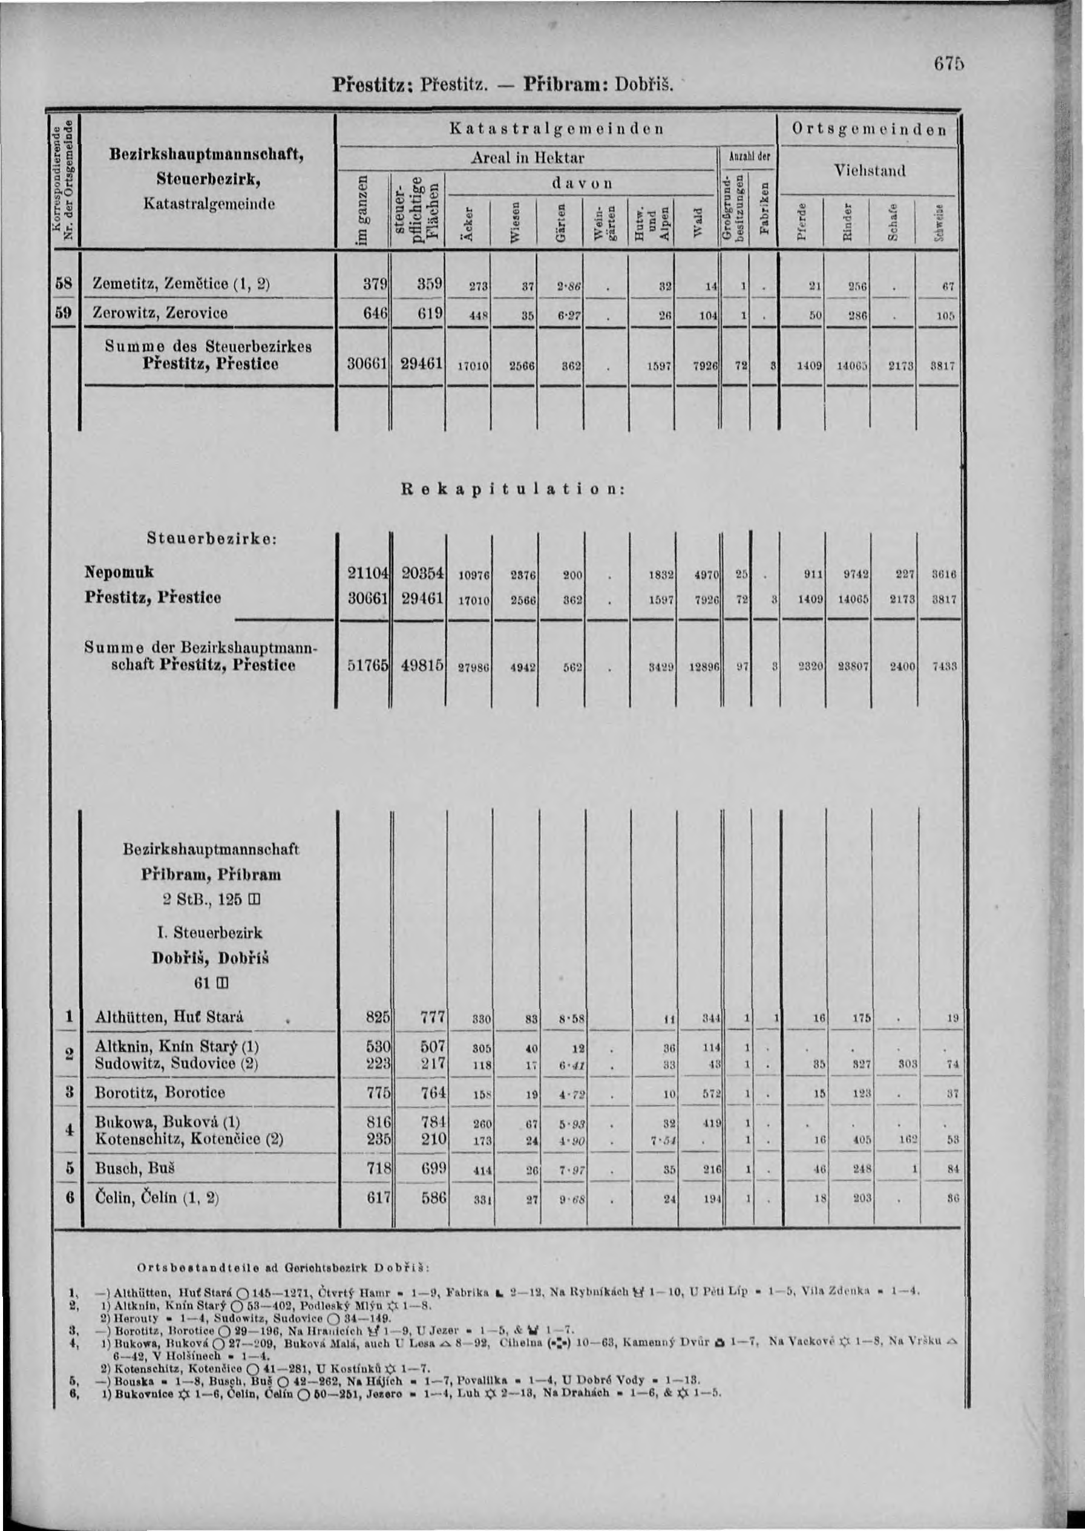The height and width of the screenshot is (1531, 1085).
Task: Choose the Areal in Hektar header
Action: pyautogui.click(x=528, y=159)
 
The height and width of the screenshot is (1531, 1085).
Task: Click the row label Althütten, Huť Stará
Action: pyautogui.click(x=168, y=1017)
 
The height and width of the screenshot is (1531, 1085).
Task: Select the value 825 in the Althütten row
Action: pyautogui.click(x=378, y=1018)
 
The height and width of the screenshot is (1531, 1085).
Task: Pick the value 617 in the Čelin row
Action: pyautogui.click(x=378, y=1198)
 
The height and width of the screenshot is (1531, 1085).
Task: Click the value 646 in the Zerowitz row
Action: pyautogui.click(x=376, y=313)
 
